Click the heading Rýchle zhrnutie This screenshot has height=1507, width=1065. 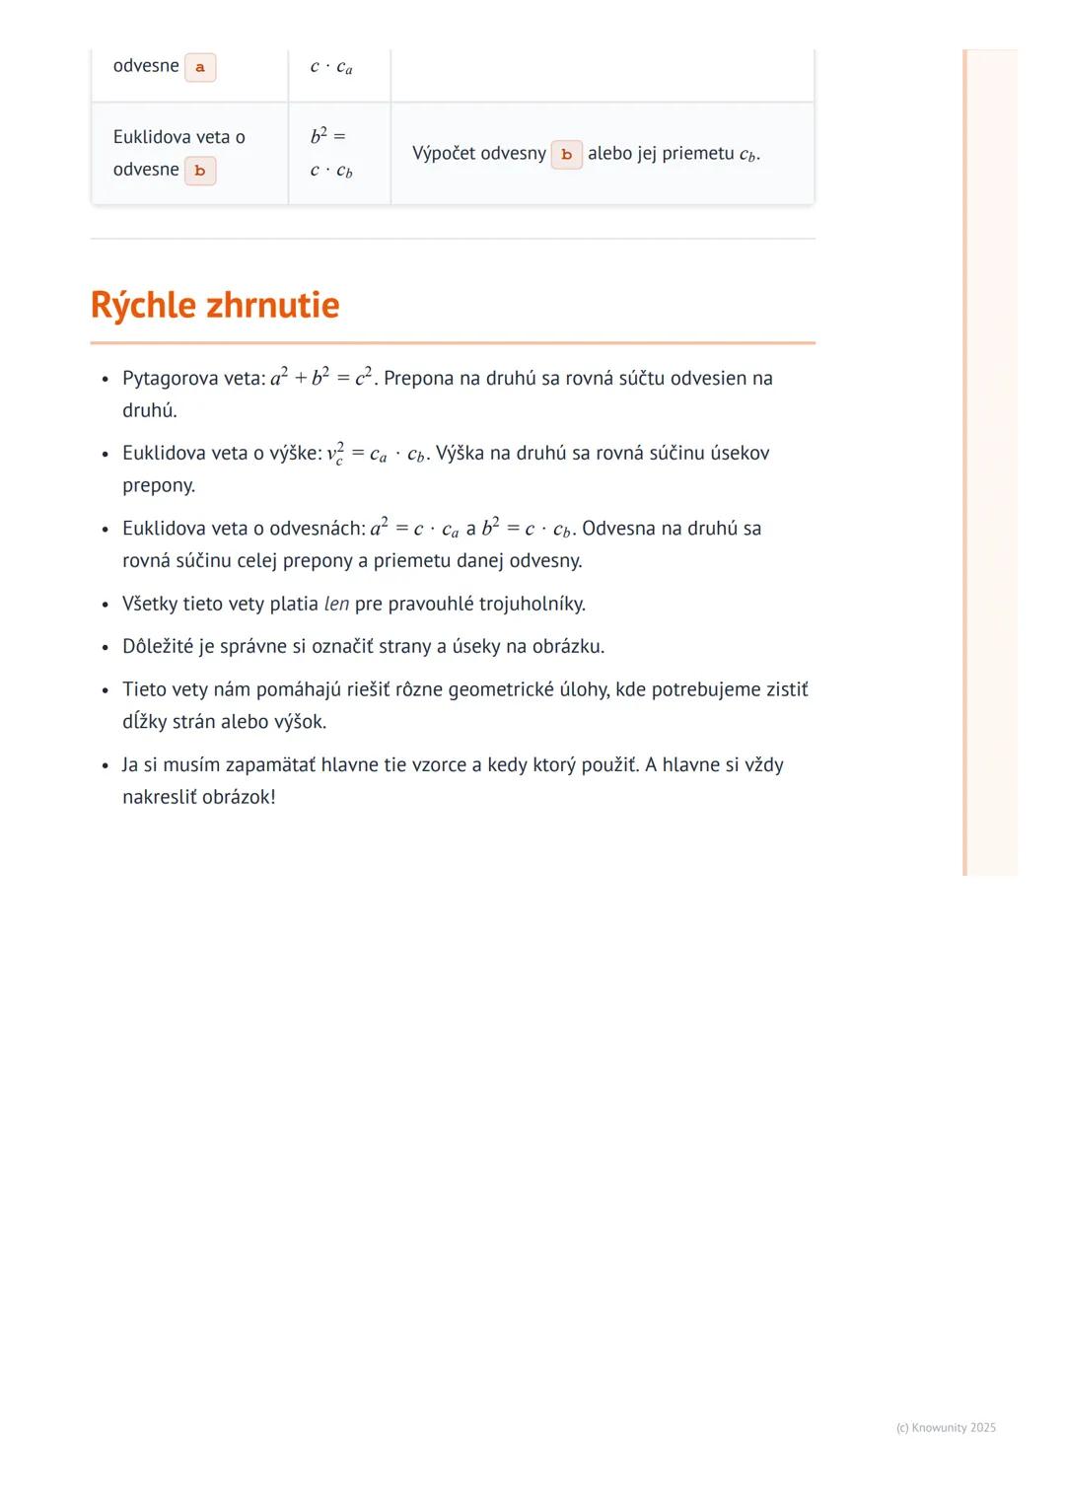point(215,305)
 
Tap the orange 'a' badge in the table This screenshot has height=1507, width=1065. point(200,67)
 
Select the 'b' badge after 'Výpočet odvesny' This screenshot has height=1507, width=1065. point(566,155)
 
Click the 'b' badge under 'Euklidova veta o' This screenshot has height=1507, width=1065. point(200,171)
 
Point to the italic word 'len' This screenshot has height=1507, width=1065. point(336,604)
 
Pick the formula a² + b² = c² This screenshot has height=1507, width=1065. point(321,378)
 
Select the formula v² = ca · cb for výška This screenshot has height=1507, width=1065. point(377,454)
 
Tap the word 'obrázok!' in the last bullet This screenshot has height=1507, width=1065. point(239,797)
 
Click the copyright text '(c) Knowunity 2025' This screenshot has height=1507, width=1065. point(946,1427)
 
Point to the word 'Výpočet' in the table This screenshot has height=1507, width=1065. point(445,154)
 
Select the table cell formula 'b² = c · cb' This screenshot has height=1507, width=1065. point(330,153)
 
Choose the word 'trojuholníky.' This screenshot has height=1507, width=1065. point(532,604)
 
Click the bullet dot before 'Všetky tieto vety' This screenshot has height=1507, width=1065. point(105,605)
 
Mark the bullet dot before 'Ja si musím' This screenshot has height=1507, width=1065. point(105,766)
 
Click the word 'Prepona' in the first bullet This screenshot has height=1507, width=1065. point(419,379)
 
